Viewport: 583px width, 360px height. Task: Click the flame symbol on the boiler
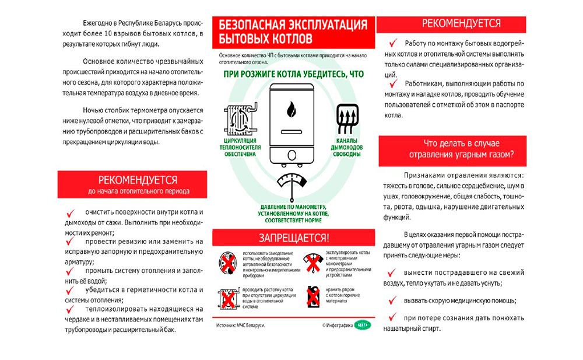[x=291, y=109]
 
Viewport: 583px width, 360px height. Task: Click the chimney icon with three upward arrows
[x=347, y=118]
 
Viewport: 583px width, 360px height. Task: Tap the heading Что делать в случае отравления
[x=452, y=149]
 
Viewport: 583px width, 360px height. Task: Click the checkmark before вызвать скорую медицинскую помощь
[x=392, y=300]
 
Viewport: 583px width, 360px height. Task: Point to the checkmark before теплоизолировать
[x=71, y=309]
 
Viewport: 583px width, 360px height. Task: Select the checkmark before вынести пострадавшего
[x=392, y=272]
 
